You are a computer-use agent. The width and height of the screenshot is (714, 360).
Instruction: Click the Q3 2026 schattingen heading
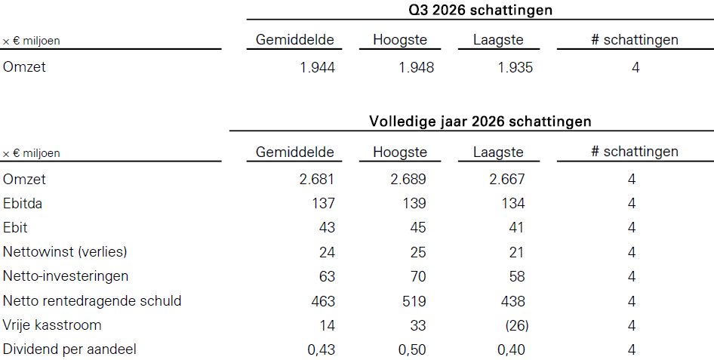click(480, 10)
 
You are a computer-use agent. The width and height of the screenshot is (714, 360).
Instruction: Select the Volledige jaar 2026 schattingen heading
click(480, 122)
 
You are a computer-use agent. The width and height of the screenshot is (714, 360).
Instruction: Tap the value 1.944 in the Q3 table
click(318, 68)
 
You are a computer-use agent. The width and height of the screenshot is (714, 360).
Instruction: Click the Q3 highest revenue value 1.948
click(416, 68)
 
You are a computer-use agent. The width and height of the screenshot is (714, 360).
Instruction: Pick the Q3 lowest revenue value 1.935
click(515, 68)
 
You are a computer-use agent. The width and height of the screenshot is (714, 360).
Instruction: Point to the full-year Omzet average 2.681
click(317, 180)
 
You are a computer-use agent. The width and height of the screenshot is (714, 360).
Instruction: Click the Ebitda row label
click(23, 204)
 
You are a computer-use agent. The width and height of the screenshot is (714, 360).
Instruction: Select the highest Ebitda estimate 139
click(414, 204)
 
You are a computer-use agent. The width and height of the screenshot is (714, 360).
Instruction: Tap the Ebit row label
click(15, 228)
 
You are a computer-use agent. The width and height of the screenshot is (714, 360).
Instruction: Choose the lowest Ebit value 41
click(516, 228)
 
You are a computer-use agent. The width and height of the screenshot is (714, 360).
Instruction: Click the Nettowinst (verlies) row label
click(65, 251)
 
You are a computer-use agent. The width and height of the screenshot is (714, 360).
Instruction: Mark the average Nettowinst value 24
click(327, 252)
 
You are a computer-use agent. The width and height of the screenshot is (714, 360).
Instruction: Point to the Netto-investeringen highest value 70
click(417, 277)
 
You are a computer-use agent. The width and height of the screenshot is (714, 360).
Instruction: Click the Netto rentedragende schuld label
click(92, 301)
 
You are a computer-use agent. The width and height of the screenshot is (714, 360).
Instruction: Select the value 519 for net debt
click(414, 301)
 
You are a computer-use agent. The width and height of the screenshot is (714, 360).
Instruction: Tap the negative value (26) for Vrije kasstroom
click(517, 325)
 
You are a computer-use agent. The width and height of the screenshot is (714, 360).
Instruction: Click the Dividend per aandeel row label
click(69, 349)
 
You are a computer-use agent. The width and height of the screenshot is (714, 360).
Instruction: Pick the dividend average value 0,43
click(321, 350)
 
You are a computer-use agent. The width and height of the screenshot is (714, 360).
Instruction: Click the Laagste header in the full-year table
click(498, 152)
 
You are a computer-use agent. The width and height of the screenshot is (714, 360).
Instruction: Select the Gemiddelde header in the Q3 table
click(294, 39)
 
